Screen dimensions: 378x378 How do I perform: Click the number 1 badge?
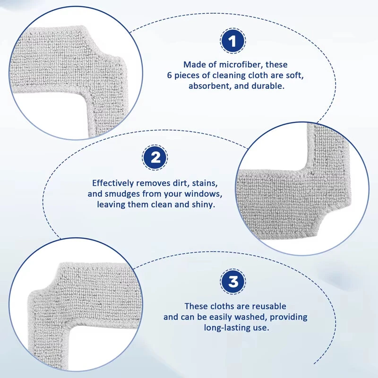(233, 41)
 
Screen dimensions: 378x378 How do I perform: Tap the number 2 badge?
(155, 157)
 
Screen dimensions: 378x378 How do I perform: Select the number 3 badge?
(233, 281)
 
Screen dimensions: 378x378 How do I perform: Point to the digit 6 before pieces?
(170, 76)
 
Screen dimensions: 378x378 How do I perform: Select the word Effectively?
(113, 183)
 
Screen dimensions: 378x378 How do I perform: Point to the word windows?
(205, 194)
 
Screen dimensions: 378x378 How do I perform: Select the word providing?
(289, 317)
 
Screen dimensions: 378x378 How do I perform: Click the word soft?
(294, 76)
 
